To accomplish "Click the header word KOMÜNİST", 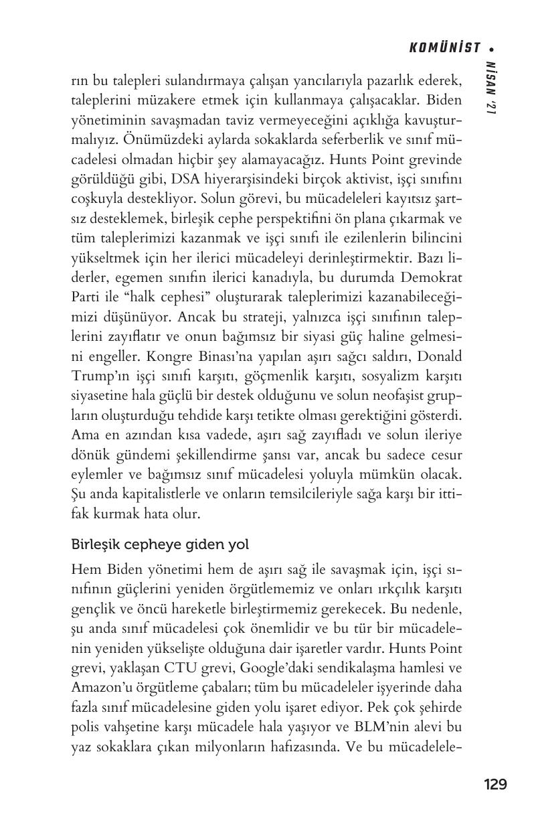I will tap(444, 48).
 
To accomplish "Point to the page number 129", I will tap(495, 784).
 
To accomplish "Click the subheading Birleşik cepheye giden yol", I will tap(160, 545).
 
